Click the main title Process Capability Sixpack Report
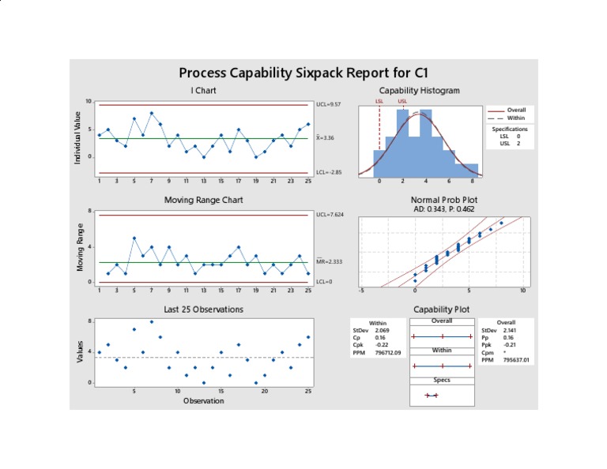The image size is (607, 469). click(303, 73)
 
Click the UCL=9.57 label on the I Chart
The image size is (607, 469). click(328, 104)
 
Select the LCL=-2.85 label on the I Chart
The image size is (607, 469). click(328, 172)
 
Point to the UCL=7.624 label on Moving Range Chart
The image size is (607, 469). click(330, 215)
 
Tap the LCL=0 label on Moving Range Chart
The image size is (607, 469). click(323, 281)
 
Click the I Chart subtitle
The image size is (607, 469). click(203, 90)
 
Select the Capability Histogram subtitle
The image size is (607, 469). click(419, 90)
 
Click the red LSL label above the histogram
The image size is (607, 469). click(379, 101)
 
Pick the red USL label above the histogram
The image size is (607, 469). click(402, 101)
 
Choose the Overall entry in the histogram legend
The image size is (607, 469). click(516, 110)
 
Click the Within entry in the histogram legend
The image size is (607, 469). click(515, 117)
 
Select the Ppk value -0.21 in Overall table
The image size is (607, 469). click(511, 344)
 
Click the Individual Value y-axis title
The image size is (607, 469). click(77, 138)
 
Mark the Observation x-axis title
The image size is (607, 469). click(203, 400)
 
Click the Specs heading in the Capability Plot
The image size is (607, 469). click(442, 380)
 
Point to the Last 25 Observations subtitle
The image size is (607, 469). click(203, 309)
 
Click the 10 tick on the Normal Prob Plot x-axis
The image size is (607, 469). click(522, 291)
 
